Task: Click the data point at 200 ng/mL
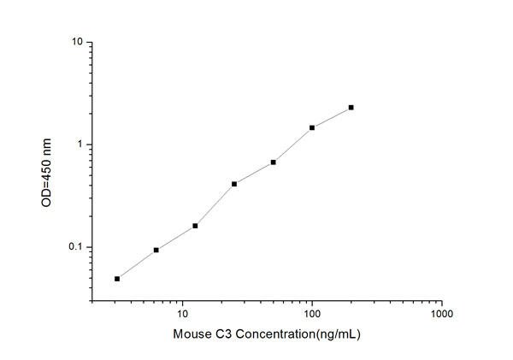pyautogui.click(x=351, y=108)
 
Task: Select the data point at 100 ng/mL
pyautogui.click(x=312, y=127)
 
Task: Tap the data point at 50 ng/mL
pyautogui.click(x=273, y=162)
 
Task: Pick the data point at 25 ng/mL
pyautogui.click(x=234, y=183)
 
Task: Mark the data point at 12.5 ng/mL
pyautogui.click(x=195, y=226)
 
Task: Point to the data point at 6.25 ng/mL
pyautogui.click(x=156, y=250)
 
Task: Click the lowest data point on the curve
pyautogui.click(x=117, y=278)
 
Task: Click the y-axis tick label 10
pyautogui.click(x=77, y=42)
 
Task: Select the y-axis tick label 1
pyautogui.click(x=80, y=145)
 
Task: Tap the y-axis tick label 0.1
pyautogui.click(x=75, y=248)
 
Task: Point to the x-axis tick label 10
pyautogui.click(x=182, y=314)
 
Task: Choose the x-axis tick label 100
pyautogui.click(x=312, y=314)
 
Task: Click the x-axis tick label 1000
pyautogui.click(x=441, y=314)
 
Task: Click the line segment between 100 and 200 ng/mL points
pyautogui.click(x=332, y=117)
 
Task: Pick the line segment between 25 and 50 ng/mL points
pyautogui.click(x=254, y=172)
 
